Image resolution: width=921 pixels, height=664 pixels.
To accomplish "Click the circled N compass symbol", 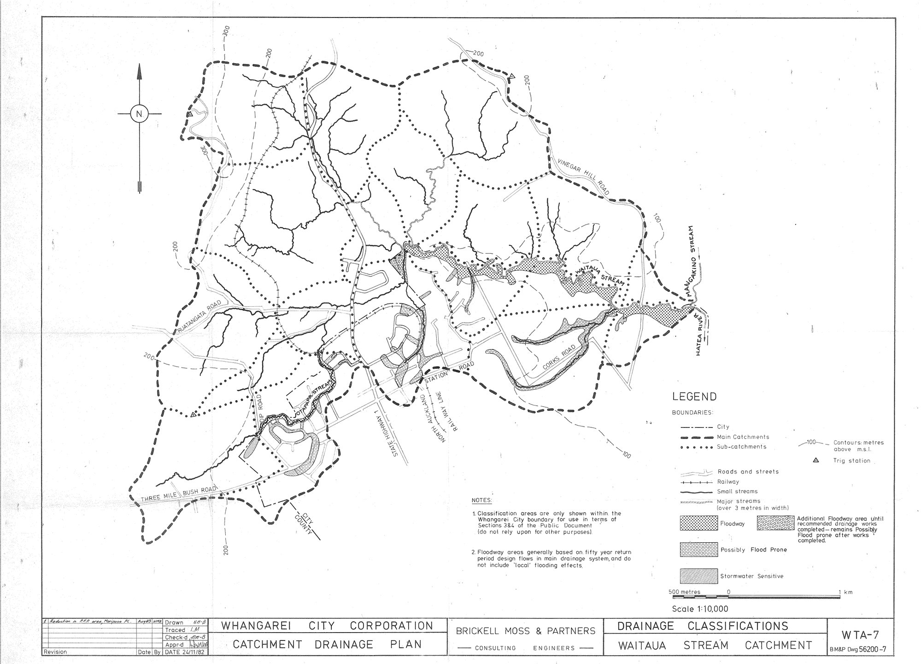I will [139, 113].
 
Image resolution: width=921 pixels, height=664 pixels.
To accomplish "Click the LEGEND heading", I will [694, 397].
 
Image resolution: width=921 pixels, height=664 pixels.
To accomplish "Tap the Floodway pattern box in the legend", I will [698, 523].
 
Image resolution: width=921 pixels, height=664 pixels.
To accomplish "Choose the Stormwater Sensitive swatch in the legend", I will [698, 576].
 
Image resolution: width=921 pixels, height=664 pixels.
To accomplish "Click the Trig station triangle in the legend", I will [815, 460].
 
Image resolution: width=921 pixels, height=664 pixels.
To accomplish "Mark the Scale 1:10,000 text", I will [700, 609].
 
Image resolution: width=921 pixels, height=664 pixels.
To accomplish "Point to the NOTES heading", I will [481, 500].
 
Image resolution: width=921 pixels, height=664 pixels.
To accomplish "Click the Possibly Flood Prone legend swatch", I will [698, 549].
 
